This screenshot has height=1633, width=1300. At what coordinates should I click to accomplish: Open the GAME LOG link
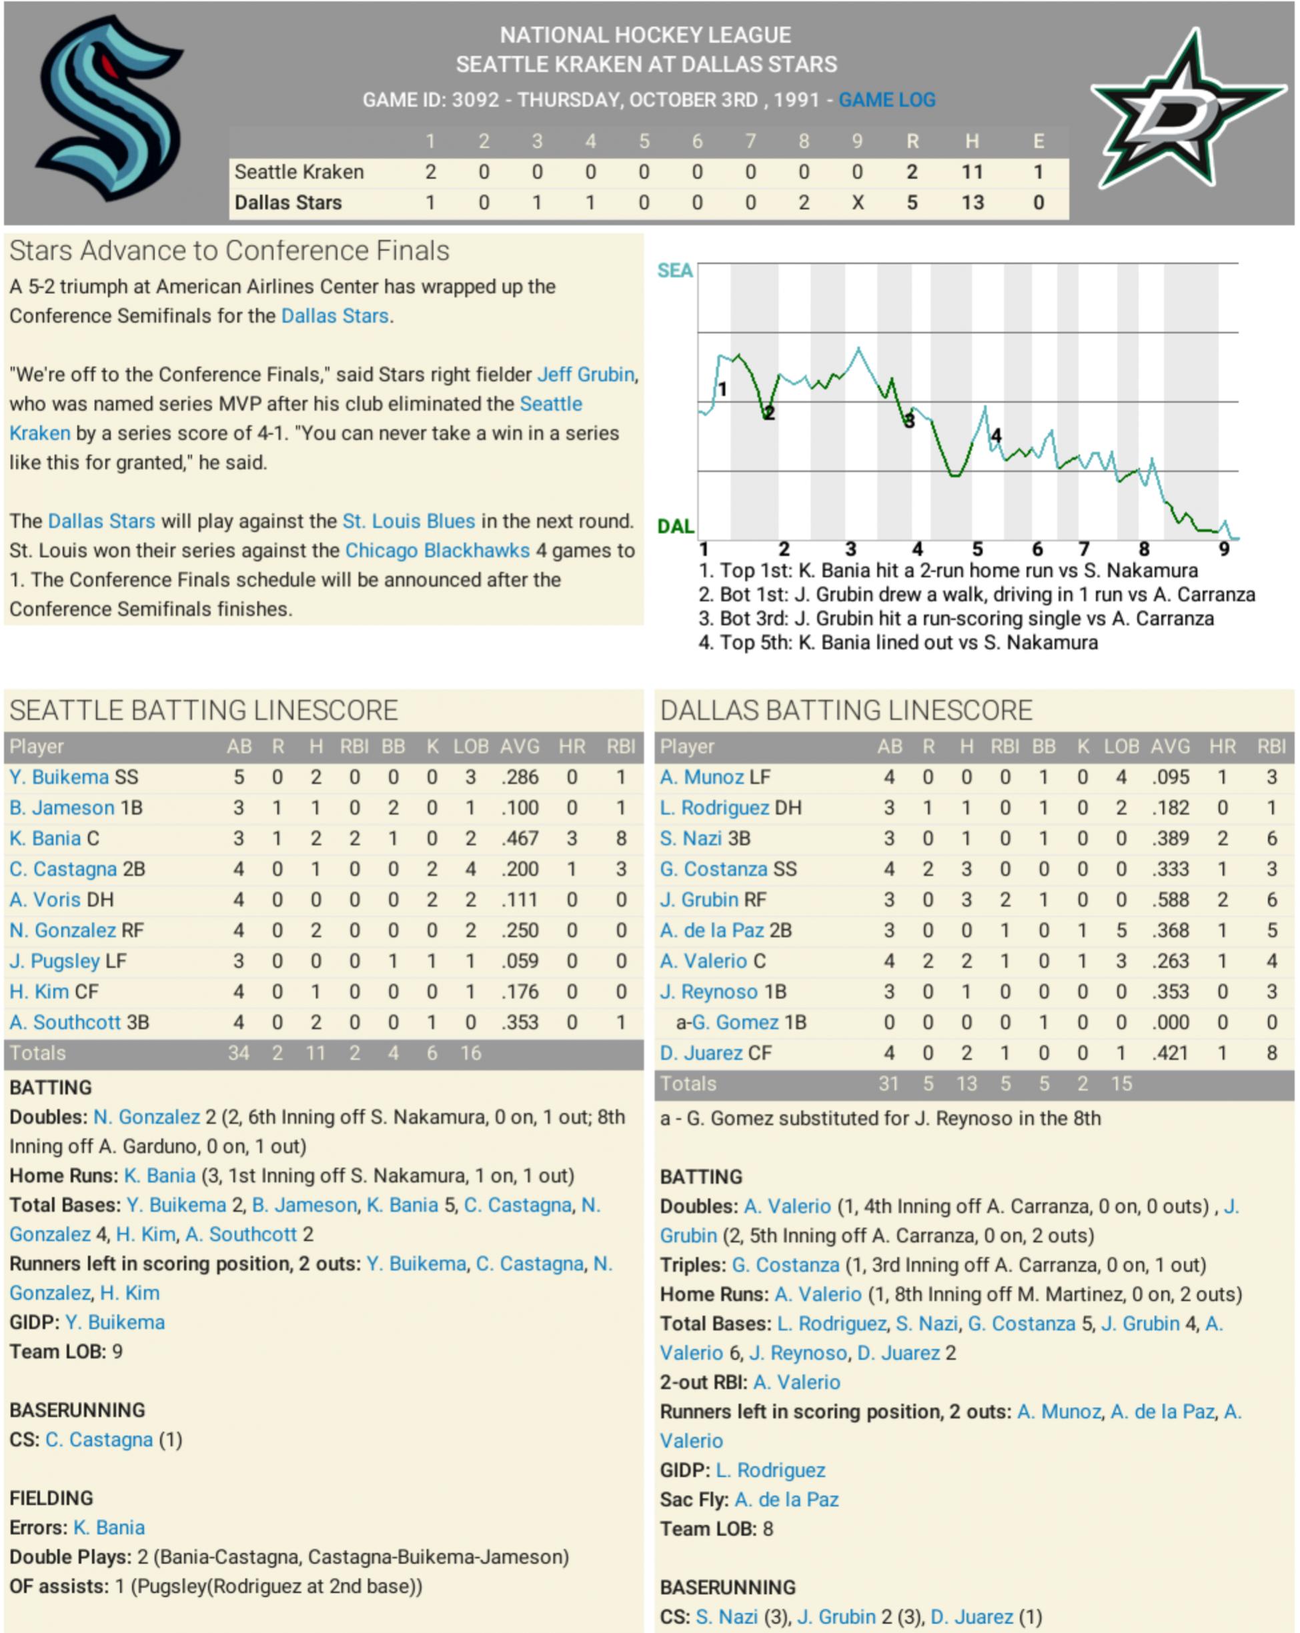coord(886,100)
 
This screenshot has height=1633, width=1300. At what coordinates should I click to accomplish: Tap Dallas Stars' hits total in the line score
coord(972,203)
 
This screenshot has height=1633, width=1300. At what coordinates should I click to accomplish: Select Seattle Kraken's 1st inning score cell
coord(430,172)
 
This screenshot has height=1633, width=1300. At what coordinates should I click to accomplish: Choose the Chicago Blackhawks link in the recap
coord(437,551)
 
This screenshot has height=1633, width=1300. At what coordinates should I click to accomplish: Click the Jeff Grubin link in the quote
coord(586,374)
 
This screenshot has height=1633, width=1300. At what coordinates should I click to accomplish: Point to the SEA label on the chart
coord(674,271)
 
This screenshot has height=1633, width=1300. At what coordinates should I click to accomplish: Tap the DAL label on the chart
coord(675,525)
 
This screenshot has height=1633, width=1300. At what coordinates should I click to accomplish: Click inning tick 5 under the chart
coord(977,549)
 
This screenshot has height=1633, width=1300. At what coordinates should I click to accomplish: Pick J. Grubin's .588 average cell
coord(1170,900)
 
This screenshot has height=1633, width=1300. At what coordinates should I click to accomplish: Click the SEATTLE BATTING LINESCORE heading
coord(203,710)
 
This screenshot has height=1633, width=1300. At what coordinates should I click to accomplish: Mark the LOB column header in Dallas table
coord(1121,747)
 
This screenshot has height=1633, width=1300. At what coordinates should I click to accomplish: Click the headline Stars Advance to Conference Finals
coord(229,251)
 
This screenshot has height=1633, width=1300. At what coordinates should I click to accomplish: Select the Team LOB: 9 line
coord(66,1352)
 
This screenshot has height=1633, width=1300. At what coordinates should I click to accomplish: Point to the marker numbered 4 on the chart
coord(997,435)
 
